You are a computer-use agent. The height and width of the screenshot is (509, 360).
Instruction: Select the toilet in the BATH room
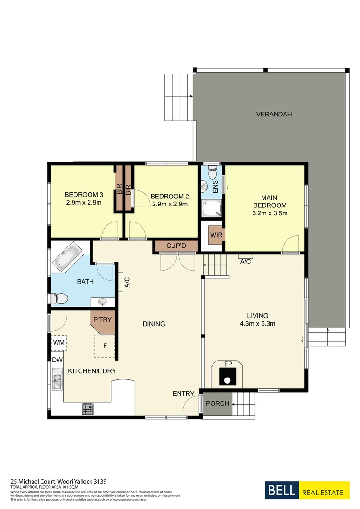[60, 298]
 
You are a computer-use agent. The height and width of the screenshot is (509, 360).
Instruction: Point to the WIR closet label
[216, 234]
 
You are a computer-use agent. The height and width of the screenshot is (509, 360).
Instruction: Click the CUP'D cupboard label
[176, 246]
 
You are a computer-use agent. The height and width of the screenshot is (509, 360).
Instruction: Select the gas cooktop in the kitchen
[88, 409]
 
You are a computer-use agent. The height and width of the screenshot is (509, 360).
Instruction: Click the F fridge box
[105, 345]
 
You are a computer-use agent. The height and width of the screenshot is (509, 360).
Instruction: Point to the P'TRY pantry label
[102, 320]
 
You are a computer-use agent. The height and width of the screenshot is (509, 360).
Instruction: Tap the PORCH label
[218, 404]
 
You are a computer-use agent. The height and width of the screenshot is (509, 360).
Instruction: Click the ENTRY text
[183, 394]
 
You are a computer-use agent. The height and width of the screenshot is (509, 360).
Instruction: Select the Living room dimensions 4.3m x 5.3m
[258, 324]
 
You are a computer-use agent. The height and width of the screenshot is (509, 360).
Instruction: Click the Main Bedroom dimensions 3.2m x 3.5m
[270, 213]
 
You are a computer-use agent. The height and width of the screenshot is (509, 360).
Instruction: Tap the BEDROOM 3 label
[84, 195]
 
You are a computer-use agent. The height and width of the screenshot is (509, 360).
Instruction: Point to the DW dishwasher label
[57, 360]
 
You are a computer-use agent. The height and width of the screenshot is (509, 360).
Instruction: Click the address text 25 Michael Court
[59, 482]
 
